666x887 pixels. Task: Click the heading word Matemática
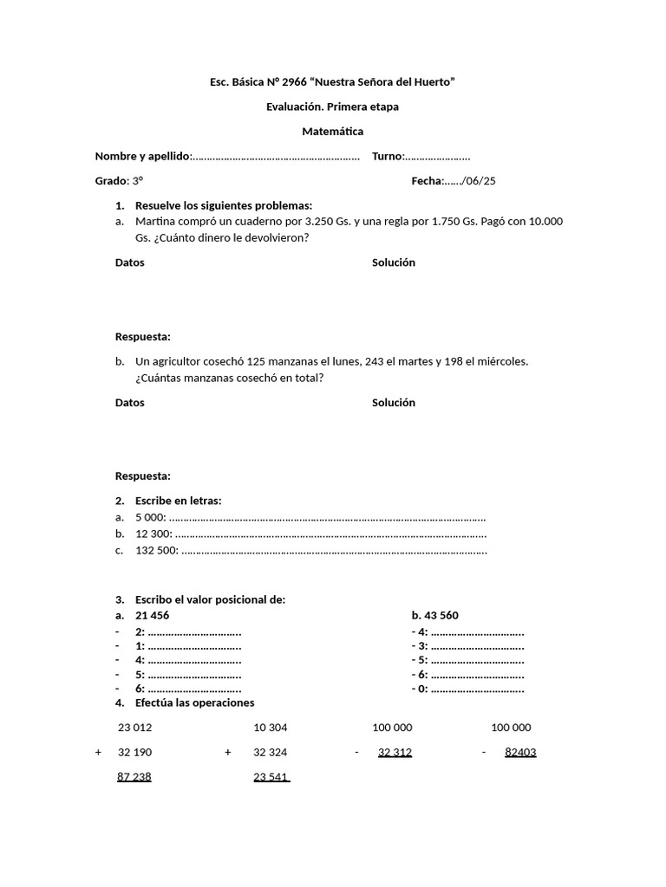coord(332,132)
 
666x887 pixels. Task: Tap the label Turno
coord(387,156)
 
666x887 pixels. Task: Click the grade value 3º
coord(137,181)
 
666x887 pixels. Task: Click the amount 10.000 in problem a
coord(545,221)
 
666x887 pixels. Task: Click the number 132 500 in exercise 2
coord(156,550)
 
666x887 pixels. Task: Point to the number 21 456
coord(153,615)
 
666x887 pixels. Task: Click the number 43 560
coord(442,615)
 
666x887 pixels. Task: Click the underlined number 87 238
coord(134,777)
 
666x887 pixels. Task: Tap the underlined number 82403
coord(520,752)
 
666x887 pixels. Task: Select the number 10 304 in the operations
coord(271,728)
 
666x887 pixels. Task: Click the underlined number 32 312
coord(395,752)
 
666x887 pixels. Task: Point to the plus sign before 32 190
coord(99,752)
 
